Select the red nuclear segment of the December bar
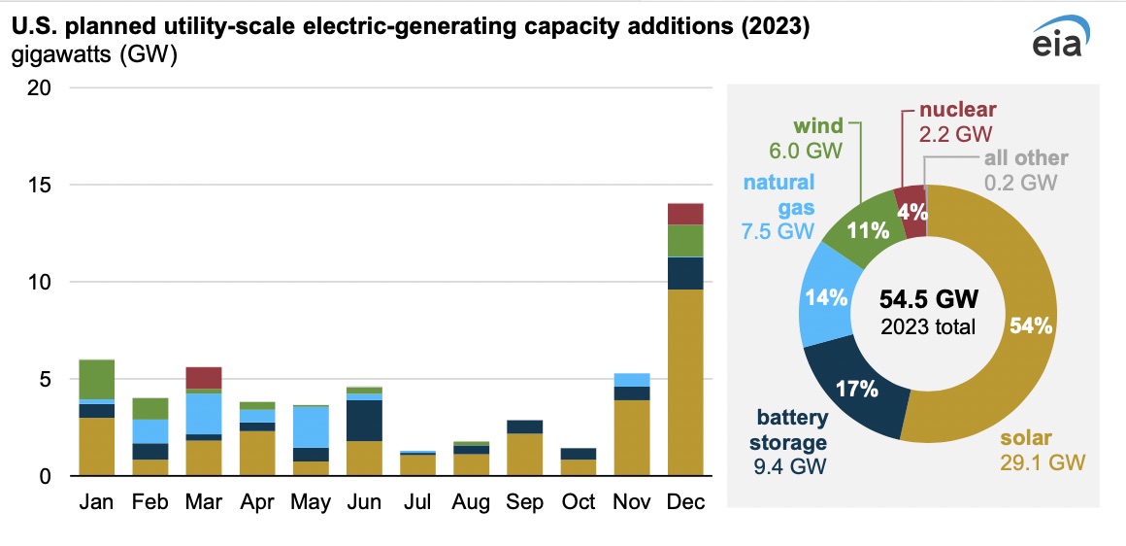(685, 214)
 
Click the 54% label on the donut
(1032, 326)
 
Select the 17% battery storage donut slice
(856, 390)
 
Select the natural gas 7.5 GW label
(780, 206)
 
